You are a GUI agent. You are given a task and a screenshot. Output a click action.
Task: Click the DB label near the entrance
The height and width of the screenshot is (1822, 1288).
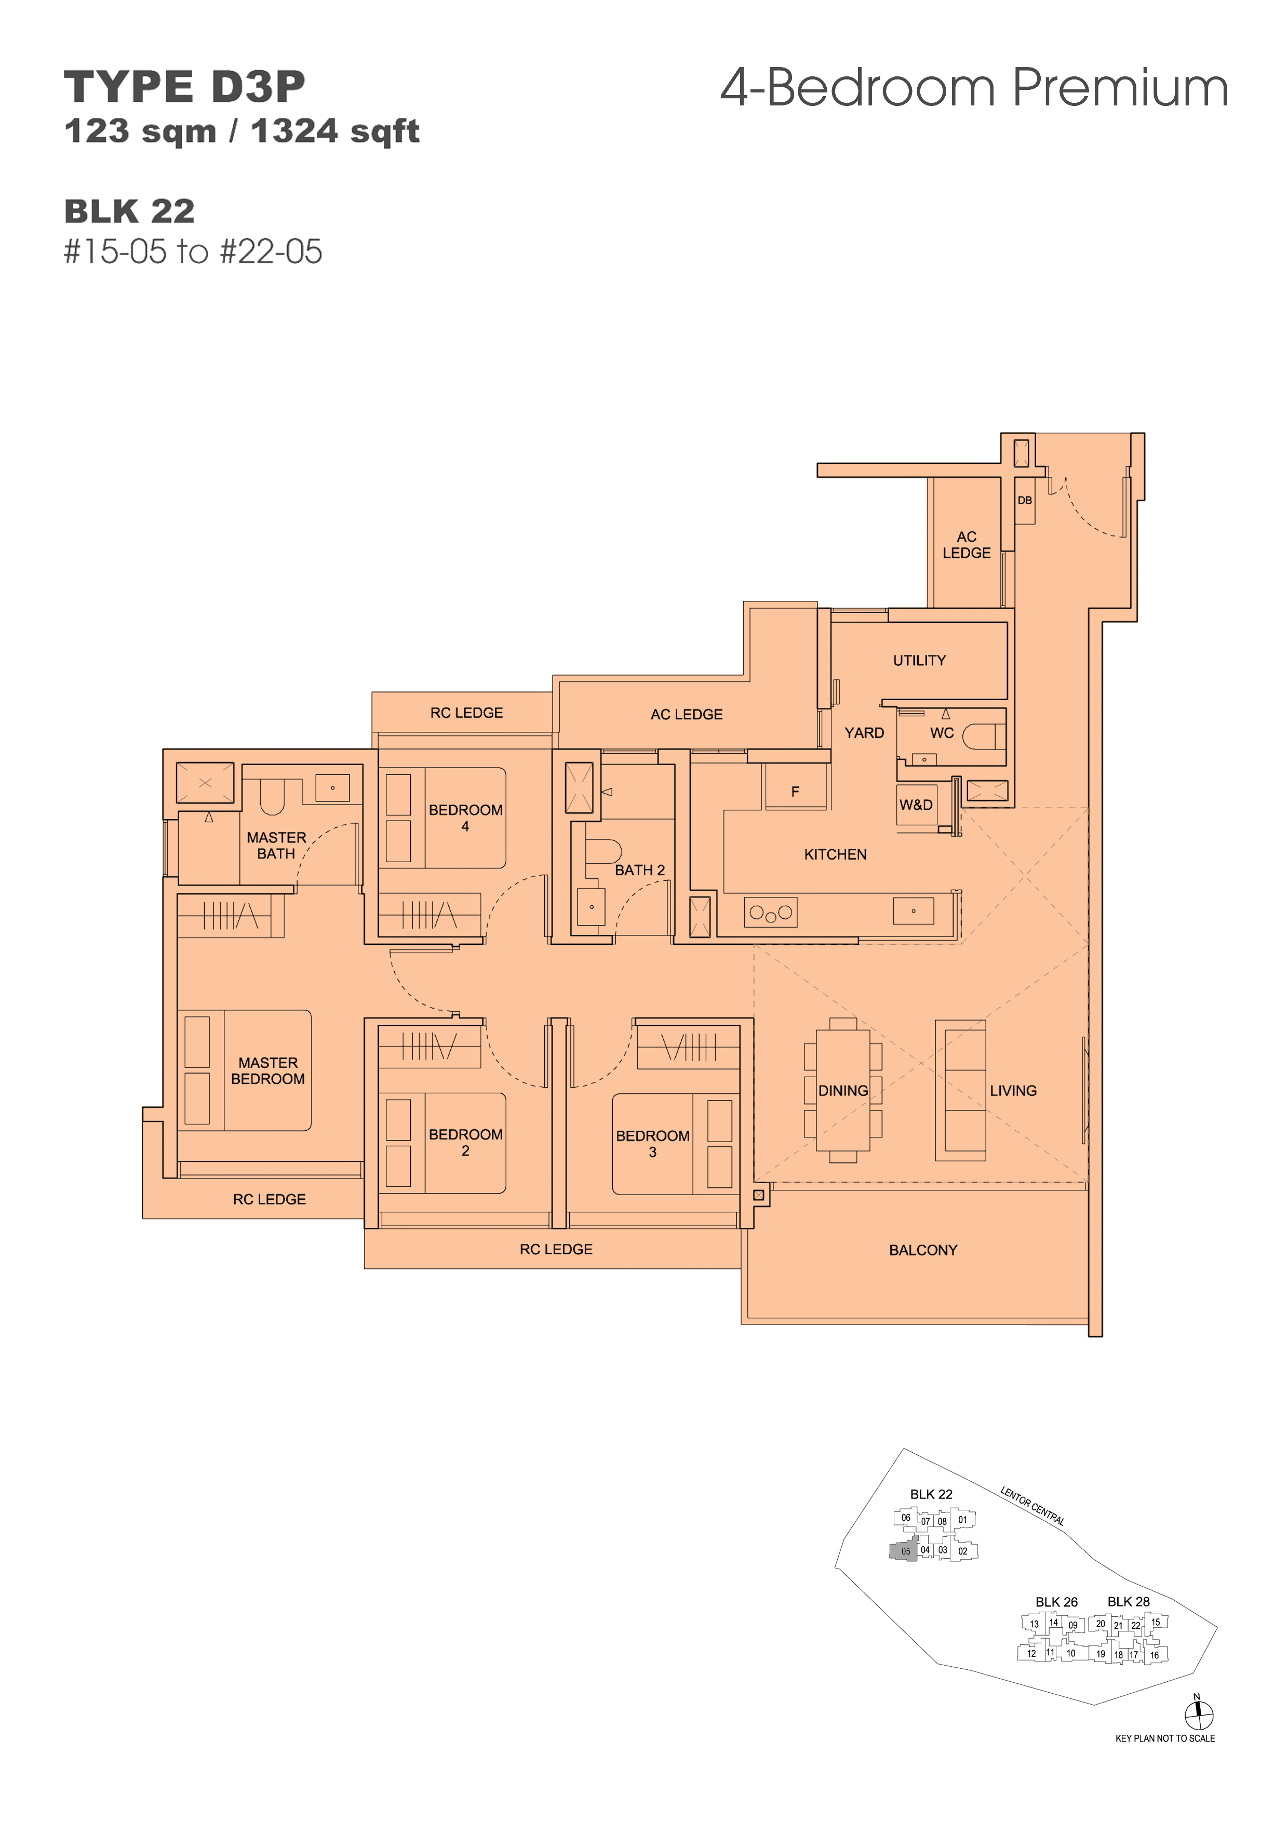1025,500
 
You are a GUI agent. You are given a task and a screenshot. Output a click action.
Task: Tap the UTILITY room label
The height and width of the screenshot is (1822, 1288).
919,660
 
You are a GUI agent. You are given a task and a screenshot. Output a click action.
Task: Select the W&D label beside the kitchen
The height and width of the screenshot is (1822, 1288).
916,805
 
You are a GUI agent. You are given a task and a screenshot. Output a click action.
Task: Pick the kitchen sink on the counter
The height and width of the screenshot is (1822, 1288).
914,911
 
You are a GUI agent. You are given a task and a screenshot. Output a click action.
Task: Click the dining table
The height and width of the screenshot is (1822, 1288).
843,1090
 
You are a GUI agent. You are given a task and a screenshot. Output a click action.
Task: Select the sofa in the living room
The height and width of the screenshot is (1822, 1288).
960,1090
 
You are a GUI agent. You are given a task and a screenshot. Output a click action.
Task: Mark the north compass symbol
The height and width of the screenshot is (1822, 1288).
1198,1714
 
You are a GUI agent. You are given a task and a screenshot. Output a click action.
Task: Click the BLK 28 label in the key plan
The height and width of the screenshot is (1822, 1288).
1129,1601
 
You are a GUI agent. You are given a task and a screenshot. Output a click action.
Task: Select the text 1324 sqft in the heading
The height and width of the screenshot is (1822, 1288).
335,132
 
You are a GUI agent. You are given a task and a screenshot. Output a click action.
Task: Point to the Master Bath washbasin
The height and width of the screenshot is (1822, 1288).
332,788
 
